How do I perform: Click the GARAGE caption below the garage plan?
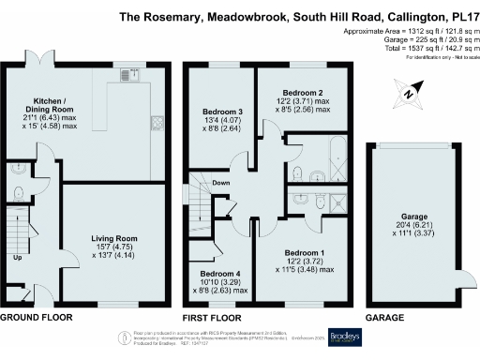pyautogui.click(x=386, y=317)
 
